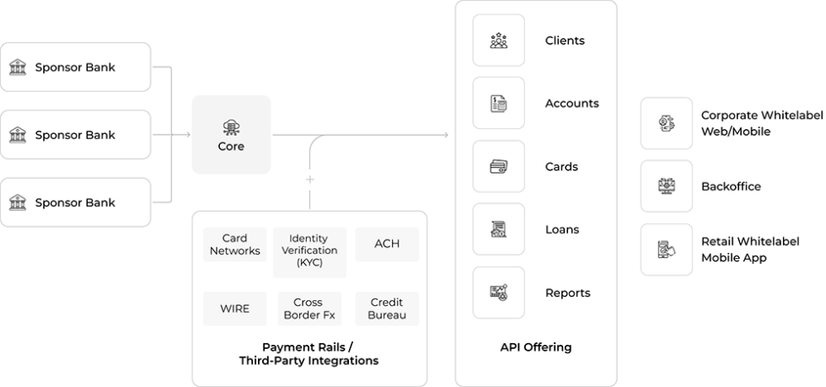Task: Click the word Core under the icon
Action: coord(231,147)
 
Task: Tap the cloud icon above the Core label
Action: coord(231,127)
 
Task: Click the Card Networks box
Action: coord(235,245)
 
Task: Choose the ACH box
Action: coord(387,245)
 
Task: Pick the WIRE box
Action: coord(235,309)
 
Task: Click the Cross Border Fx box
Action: coord(309,309)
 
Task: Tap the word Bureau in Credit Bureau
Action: coord(387,315)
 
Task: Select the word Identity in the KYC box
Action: coord(308,239)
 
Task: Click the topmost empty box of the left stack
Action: coord(75,67)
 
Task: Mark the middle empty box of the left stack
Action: coord(75,135)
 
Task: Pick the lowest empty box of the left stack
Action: coord(75,202)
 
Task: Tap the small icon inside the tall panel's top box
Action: coord(497,39)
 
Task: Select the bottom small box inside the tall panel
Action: coord(498,293)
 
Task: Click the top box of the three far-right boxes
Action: coord(667,123)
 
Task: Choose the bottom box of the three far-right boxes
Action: coord(667,250)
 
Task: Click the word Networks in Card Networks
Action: coord(235,250)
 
